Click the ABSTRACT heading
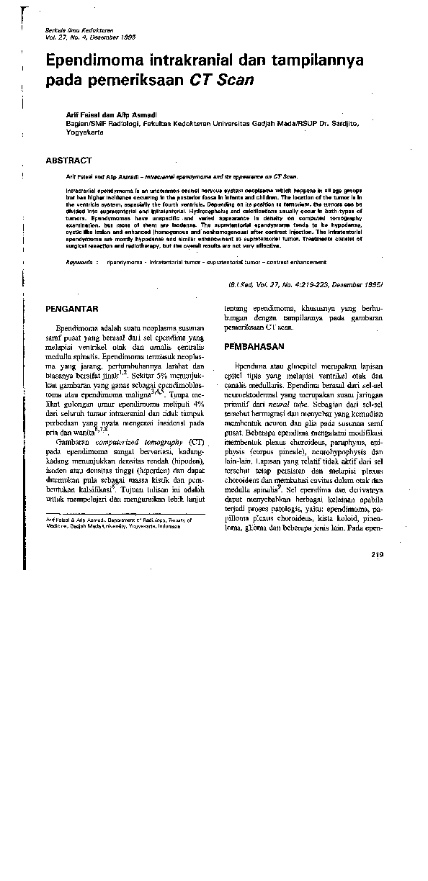(68, 160)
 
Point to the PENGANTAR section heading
(72, 309)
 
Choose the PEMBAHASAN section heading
(255, 346)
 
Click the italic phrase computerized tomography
(141, 441)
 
